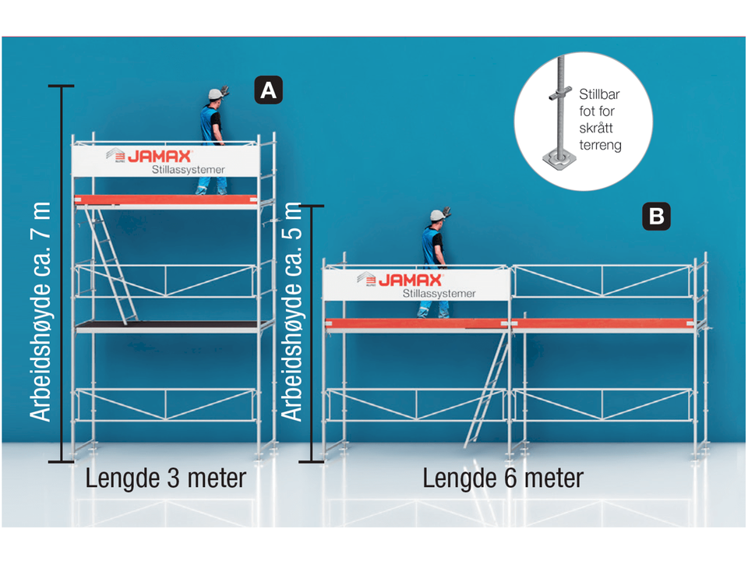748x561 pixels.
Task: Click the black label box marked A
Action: [x=268, y=90]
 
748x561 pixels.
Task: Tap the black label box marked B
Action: [x=656, y=216]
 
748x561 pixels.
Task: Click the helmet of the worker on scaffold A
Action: [x=215, y=94]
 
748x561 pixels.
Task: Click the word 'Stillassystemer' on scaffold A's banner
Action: [x=188, y=170]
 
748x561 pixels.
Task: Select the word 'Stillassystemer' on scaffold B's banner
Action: [x=439, y=294]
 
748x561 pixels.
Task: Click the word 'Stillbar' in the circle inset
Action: [x=599, y=93]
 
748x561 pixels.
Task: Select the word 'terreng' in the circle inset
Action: [x=600, y=145]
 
